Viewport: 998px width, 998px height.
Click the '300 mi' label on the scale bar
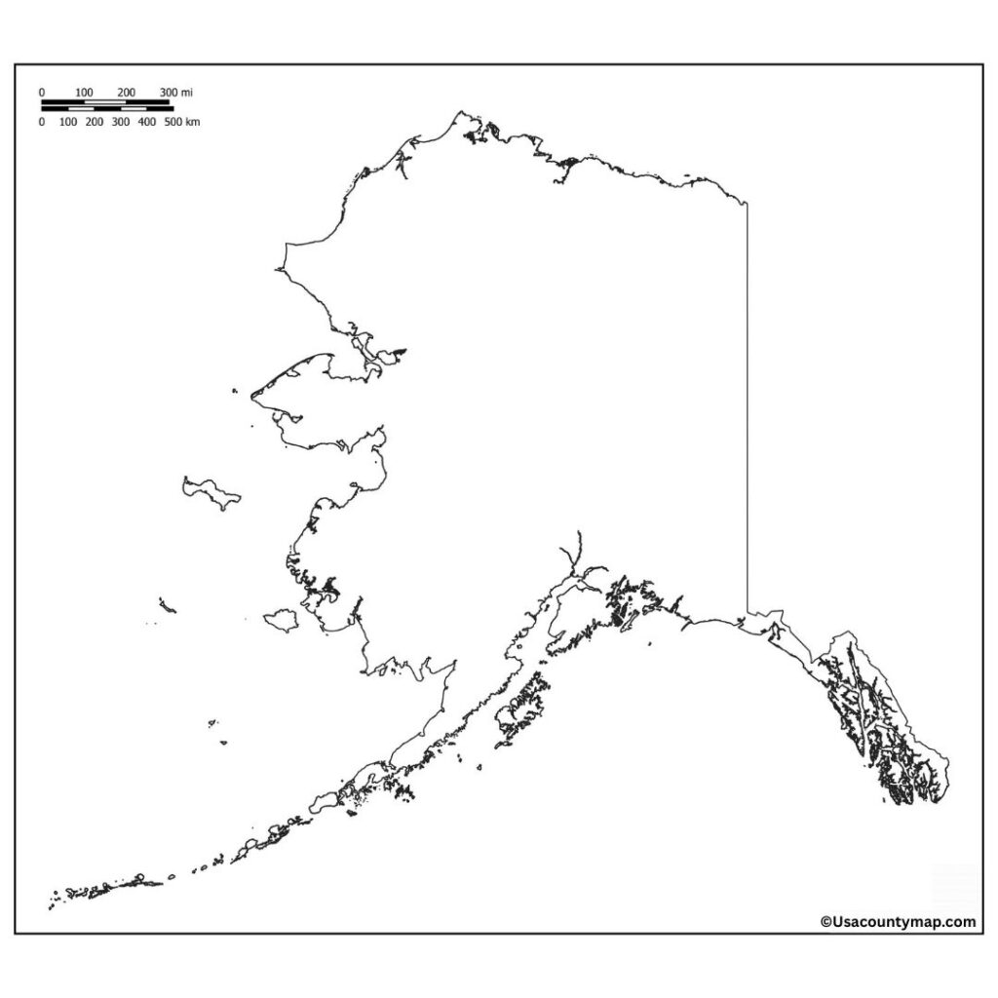point(176,92)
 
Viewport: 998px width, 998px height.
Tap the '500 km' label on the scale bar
point(182,122)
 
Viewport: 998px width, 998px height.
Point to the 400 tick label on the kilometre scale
point(147,122)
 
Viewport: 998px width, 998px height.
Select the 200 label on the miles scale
point(127,92)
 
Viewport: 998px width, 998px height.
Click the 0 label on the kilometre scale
point(41,122)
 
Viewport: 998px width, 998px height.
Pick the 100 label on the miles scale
point(85,92)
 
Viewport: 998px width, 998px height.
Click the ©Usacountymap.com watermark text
point(898,921)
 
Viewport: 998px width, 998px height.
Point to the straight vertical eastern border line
point(748,409)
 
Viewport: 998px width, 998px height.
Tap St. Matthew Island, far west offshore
point(168,606)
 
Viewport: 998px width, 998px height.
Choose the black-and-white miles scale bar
point(105,101)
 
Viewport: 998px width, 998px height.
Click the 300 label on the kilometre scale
point(121,122)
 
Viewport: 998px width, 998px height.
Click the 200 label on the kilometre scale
point(95,122)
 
